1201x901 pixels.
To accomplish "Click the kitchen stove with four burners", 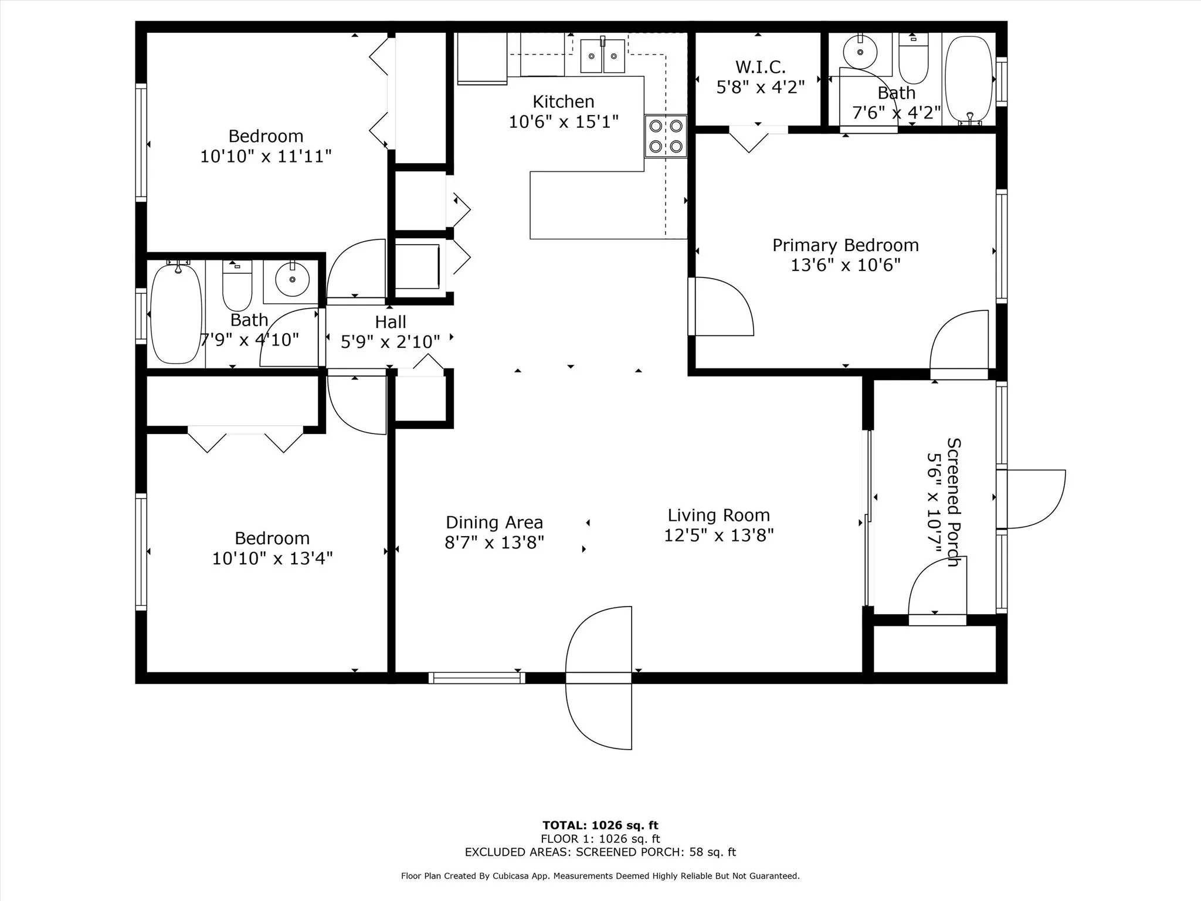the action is pos(666,136).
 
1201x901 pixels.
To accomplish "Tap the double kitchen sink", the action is pos(602,55).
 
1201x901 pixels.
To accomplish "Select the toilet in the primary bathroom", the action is pos(914,58).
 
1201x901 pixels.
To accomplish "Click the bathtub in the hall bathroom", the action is pos(177,314).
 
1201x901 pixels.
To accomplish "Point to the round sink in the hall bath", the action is pos(292,280).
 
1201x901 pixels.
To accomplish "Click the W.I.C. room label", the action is pos(760,67).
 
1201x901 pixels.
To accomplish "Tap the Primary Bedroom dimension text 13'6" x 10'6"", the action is pos(845,265).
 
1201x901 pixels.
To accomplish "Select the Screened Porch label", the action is pos(954,502).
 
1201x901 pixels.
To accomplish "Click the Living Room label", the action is pos(718,515).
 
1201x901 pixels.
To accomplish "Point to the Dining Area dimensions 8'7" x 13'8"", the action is pos(494,542).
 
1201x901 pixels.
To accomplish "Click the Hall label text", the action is pos(391,322).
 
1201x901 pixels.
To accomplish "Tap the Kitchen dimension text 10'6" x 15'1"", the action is pos(564,122).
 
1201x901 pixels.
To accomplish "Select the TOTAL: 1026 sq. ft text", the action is pos(600,825).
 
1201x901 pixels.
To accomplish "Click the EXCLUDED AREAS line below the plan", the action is pos(600,852).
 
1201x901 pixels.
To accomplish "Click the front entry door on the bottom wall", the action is pos(599,678).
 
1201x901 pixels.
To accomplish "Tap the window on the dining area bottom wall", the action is pos(477,678).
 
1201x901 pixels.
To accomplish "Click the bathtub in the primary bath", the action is pos(969,80).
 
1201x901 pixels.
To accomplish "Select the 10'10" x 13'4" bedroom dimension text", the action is pos(272,558).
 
